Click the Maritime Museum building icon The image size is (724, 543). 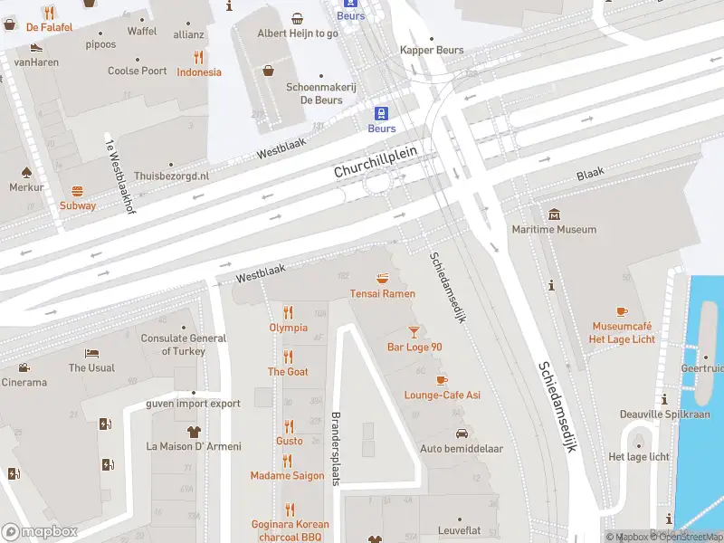click(554, 214)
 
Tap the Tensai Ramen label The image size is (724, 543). click(383, 293)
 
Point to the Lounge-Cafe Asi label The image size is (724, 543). click(442, 395)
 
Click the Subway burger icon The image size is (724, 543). click(78, 191)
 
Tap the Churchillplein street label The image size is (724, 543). click(376, 162)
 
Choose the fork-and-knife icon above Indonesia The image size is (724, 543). click(198, 56)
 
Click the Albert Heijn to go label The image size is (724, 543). click(298, 33)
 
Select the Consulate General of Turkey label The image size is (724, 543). click(184, 345)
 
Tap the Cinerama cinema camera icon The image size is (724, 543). click(23, 367)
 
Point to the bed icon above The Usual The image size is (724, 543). click(91, 353)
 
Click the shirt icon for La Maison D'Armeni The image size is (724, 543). click(193, 431)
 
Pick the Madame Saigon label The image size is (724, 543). click(287, 476)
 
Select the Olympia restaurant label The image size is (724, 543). click(288, 328)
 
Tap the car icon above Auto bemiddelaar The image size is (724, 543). click(462, 434)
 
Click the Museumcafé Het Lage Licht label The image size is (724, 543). click(624, 332)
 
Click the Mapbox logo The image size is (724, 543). click(40, 532)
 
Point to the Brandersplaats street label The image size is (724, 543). click(335, 451)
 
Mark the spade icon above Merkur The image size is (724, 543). click(26, 171)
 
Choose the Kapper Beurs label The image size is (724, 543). click(432, 51)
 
